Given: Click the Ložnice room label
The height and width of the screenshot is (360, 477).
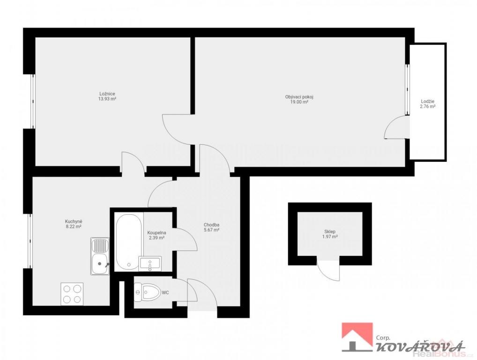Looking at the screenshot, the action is point(107,94).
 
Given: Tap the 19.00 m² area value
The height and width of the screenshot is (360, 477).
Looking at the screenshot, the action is point(299,102).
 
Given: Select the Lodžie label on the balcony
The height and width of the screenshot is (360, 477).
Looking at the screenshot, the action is point(428,101).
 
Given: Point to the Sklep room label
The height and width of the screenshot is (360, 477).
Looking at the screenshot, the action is point(330,232).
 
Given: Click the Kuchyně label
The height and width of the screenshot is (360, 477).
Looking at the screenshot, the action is point(74,222).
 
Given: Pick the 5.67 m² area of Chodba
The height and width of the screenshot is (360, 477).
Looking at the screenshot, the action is point(211,230).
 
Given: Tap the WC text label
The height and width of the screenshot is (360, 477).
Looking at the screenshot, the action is point(165,293).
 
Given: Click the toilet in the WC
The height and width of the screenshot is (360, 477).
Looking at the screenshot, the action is point(147,292).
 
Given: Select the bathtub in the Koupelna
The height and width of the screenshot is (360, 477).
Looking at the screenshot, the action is point(128,242).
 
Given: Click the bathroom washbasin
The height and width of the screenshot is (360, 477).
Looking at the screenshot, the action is point(150,263).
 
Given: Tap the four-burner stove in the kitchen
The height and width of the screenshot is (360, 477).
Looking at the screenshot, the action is point(72,294).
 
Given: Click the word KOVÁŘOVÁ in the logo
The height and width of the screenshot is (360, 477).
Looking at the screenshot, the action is point(420,346).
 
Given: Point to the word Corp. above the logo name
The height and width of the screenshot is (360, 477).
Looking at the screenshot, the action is point(383,337).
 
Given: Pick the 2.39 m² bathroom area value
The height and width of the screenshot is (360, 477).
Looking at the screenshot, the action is point(157,238).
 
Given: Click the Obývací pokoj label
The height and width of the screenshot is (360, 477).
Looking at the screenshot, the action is point(299,97).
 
